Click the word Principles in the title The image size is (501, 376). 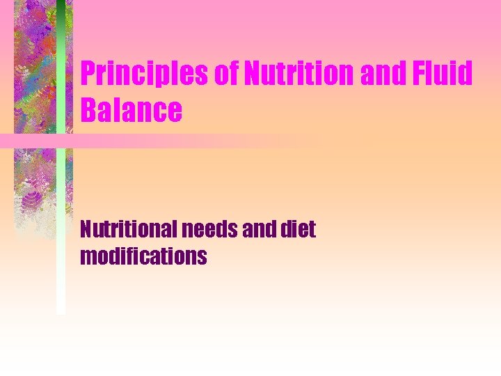click(x=145, y=75)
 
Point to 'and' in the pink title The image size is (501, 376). click(x=381, y=75)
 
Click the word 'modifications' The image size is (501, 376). click(x=143, y=256)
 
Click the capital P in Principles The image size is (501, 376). click(x=88, y=75)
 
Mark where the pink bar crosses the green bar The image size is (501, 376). click(x=61, y=140)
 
